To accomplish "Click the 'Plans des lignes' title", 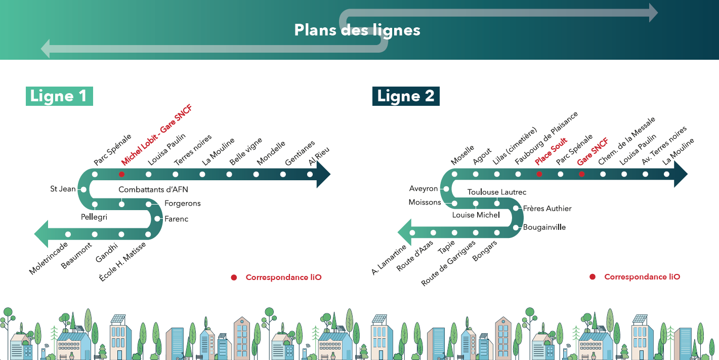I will tap(357, 30).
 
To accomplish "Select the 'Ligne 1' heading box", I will tap(59, 96).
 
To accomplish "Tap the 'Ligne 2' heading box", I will tap(406, 96).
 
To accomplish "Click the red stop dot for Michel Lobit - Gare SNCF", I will tap(121, 174).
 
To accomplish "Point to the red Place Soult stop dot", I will tap(539, 174).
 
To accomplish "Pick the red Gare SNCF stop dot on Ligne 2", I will tap(582, 174).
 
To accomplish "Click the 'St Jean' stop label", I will tap(63, 189).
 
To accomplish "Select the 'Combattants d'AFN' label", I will tap(153, 190).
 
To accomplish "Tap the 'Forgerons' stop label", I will tap(183, 204).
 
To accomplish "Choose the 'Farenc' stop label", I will tap(177, 219).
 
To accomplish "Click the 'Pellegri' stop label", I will tap(94, 217).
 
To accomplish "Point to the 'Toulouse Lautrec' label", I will tap(497, 192).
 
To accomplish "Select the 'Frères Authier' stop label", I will tap(547, 208).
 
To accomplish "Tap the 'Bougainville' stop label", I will tap(544, 227).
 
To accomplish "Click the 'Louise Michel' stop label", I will tap(476, 215).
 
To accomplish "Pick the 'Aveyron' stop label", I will tap(424, 189).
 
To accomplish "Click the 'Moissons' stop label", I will tap(425, 203).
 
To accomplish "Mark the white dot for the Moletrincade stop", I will tap(68, 234).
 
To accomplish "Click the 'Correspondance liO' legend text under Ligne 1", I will tap(283, 277).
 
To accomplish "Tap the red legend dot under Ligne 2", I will tap(593, 277).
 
